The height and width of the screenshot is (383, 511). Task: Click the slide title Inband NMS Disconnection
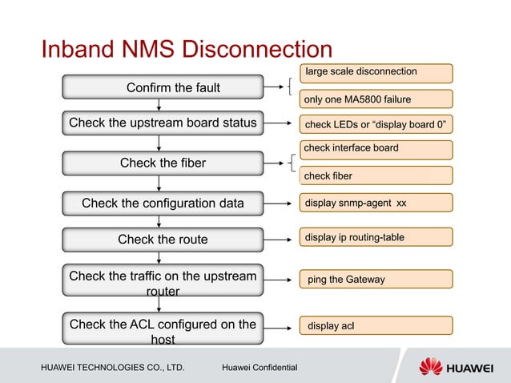coord(186,50)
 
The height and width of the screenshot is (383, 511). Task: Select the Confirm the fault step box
coord(163,87)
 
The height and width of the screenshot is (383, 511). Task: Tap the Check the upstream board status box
coord(163,123)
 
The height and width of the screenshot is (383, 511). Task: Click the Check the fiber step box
coord(163,163)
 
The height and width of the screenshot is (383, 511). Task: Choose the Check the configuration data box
coord(163,203)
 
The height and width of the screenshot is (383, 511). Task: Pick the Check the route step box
coord(163,239)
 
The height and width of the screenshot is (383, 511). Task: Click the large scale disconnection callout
coord(376,73)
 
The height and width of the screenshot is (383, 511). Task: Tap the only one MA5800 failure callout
coord(376,99)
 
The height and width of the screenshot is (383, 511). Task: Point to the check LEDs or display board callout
coord(376,125)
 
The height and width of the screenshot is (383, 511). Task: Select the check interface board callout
coord(376,148)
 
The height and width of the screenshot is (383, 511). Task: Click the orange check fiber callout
coord(376,175)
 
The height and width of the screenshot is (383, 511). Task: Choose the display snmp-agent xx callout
coord(376,203)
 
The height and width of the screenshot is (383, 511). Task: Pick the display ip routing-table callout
coord(376,237)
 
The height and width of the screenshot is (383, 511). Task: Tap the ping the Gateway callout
coord(376,279)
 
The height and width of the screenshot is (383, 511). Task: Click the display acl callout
coord(376,325)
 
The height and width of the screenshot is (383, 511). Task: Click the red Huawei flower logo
coord(432,367)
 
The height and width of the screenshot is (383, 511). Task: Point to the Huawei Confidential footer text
coord(260,368)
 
